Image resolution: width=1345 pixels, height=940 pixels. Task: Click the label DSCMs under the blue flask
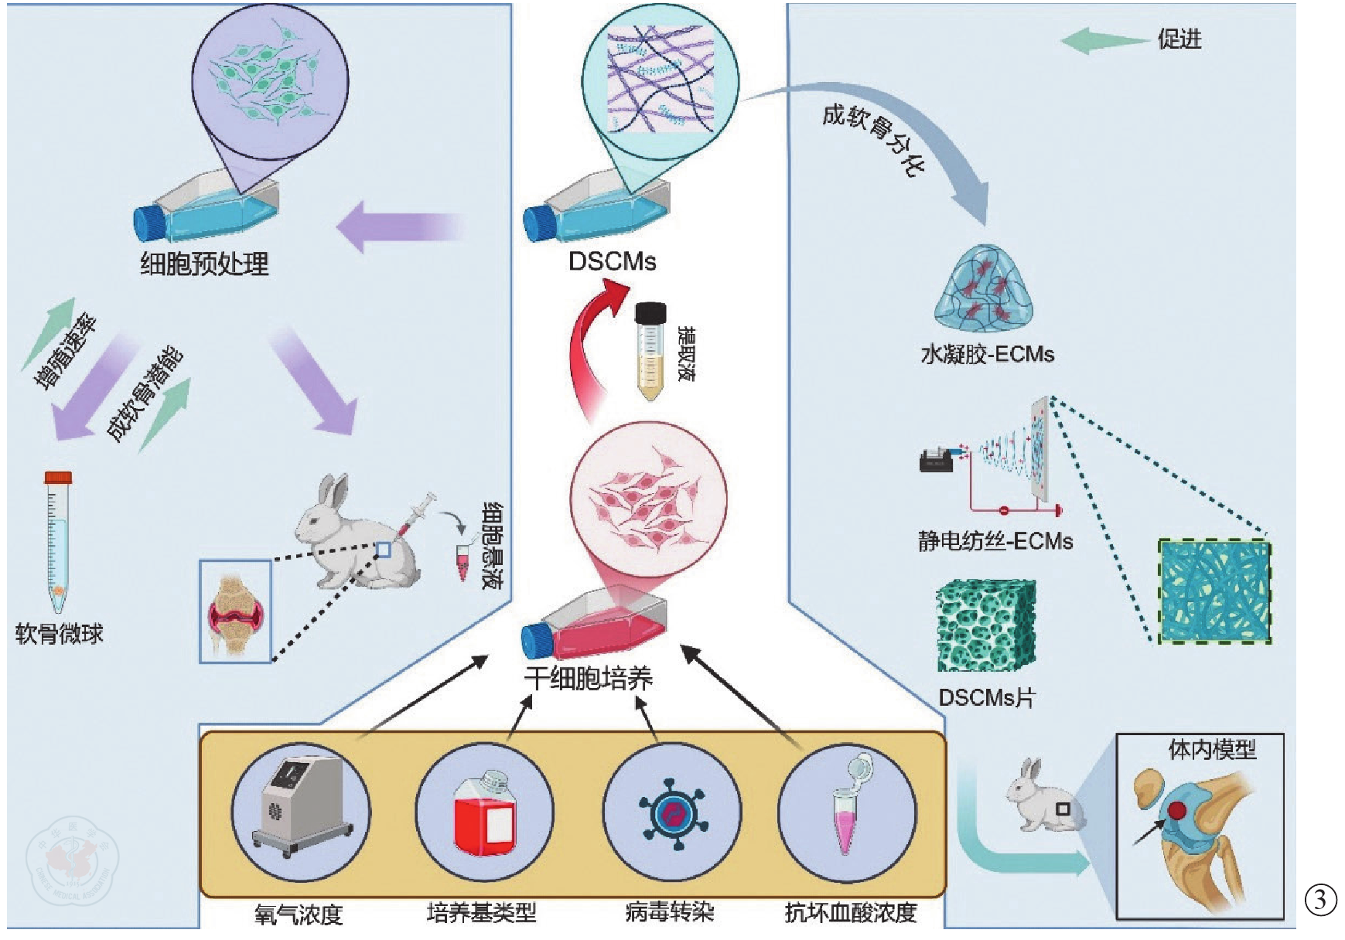click(x=612, y=261)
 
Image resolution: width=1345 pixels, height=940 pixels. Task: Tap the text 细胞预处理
click(x=204, y=264)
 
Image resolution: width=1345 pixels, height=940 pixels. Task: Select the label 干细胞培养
click(x=589, y=679)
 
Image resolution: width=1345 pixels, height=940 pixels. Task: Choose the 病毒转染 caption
click(x=669, y=913)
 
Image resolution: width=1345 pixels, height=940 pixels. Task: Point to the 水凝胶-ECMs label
click(x=987, y=355)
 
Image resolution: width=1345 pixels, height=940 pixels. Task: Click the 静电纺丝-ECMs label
click(x=995, y=541)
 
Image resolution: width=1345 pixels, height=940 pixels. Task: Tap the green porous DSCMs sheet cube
click(x=986, y=627)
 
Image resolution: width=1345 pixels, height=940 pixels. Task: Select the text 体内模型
click(x=1211, y=750)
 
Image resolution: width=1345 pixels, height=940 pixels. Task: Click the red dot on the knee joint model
click(x=1176, y=810)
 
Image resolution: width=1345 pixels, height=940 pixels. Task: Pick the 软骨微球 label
click(x=60, y=635)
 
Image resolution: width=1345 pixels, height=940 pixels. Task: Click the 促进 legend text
click(x=1179, y=39)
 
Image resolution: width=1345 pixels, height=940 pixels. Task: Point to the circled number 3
click(x=1320, y=899)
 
